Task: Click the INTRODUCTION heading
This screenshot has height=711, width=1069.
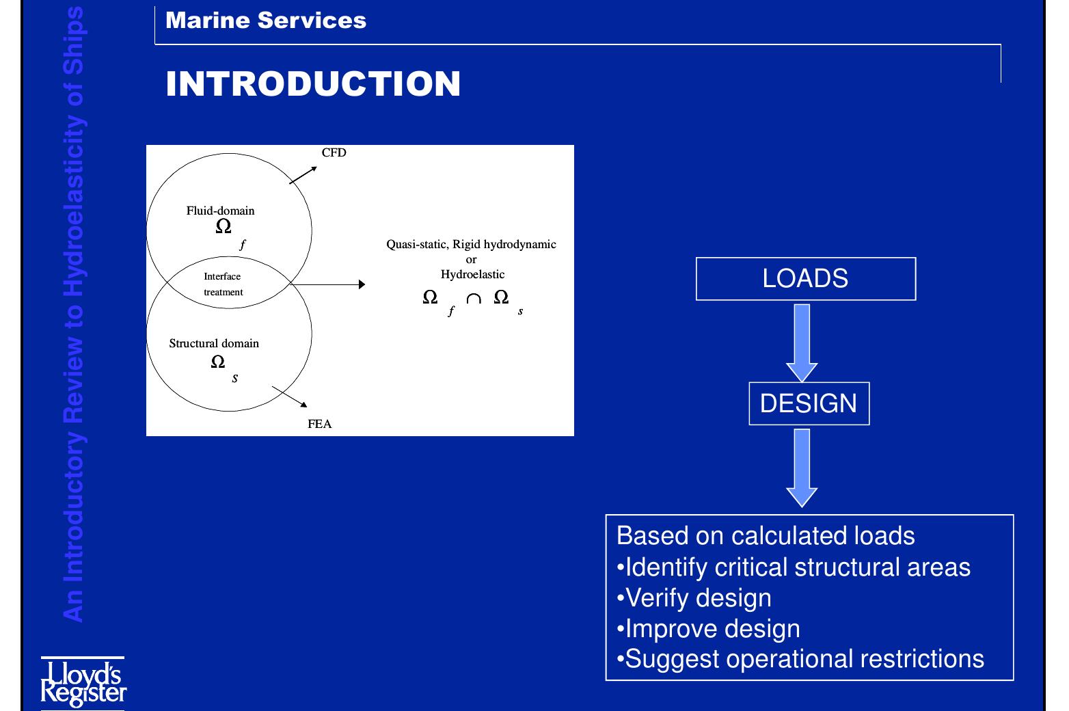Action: coord(313,84)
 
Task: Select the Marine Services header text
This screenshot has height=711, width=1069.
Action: coord(266,21)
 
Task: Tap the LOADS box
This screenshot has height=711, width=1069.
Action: coord(805,279)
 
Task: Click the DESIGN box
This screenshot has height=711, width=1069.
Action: coord(809,403)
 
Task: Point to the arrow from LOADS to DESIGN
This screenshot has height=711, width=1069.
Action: coord(802,342)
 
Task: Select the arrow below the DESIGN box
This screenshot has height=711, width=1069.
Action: coord(802,468)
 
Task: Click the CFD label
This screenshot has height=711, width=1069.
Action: coord(334,152)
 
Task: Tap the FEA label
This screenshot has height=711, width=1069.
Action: coord(319,424)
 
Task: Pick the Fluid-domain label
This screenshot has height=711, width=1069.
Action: coord(220,211)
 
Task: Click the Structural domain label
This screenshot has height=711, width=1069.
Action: coord(214,343)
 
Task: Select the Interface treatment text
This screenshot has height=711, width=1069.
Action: coord(223,284)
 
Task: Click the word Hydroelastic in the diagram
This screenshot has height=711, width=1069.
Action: coord(472,274)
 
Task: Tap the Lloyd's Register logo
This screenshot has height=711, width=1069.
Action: coord(83,682)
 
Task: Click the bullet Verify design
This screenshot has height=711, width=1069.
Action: coord(694,598)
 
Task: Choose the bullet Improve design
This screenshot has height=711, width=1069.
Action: coord(708,629)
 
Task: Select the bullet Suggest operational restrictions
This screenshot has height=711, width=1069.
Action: coord(800,659)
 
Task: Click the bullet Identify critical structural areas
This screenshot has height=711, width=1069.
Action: coord(794,567)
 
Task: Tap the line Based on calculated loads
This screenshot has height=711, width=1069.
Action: coord(766,536)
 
